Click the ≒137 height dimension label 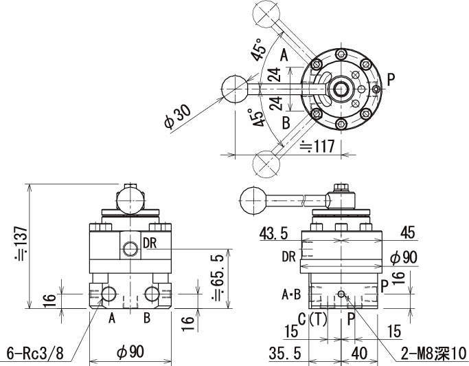[x=21, y=243]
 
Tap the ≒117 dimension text [x=317, y=147]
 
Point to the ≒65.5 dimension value [x=218, y=277]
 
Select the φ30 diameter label [x=177, y=118]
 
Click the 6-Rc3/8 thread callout [x=35, y=354]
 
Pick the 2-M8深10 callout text [x=433, y=353]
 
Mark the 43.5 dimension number [x=273, y=233]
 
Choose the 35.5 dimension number [x=284, y=353]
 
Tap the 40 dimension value [x=359, y=353]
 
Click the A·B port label [x=291, y=294]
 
